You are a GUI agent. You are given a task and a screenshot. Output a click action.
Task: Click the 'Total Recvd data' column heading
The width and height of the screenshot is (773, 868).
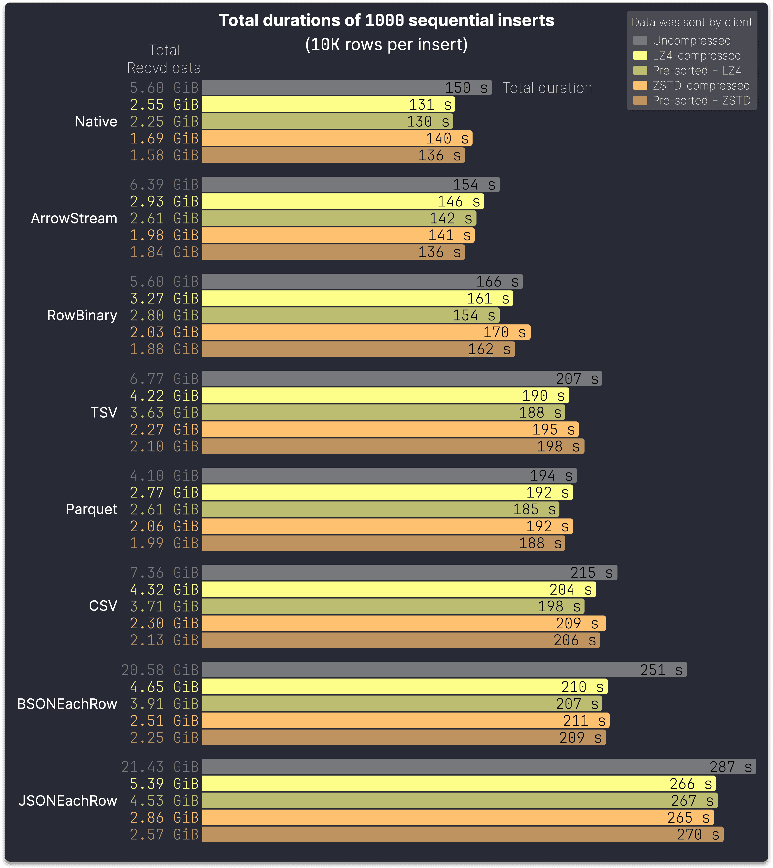(164, 59)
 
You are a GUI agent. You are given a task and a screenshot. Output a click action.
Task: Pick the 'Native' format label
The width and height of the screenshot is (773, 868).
(96, 121)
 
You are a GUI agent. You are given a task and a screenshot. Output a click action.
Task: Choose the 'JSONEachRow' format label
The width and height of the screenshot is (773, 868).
(68, 800)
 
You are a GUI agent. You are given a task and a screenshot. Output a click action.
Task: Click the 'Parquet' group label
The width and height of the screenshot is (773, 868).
(91, 509)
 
